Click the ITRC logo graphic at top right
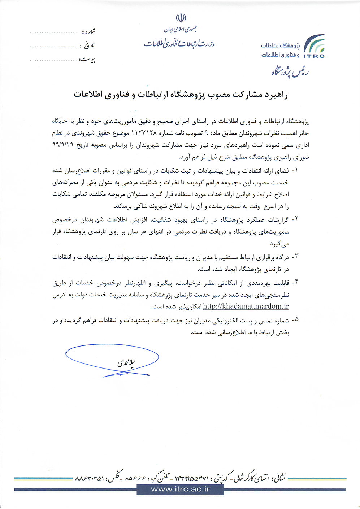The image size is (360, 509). pyautogui.click(x=314, y=46)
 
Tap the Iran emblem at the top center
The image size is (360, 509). pyautogui.click(x=181, y=17)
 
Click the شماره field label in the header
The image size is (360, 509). pyautogui.click(x=88, y=32)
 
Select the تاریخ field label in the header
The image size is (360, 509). pyautogui.click(x=89, y=46)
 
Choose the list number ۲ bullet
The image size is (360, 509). pyautogui.click(x=295, y=219)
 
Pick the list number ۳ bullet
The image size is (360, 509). pyautogui.click(x=295, y=257)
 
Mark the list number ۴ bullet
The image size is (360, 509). pyautogui.click(x=295, y=282)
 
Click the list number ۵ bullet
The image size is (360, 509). pyautogui.click(x=295, y=319)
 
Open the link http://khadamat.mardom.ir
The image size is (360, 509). pyautogui.click(x=246, y=306)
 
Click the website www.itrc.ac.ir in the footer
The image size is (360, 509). pyautogui.click(x=180, y=489)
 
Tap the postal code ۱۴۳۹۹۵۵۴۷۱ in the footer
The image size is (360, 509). pyautogui.click(x=192, y=479)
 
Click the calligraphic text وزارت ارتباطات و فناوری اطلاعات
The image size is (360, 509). pyautogui.click(x=179, y=43)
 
